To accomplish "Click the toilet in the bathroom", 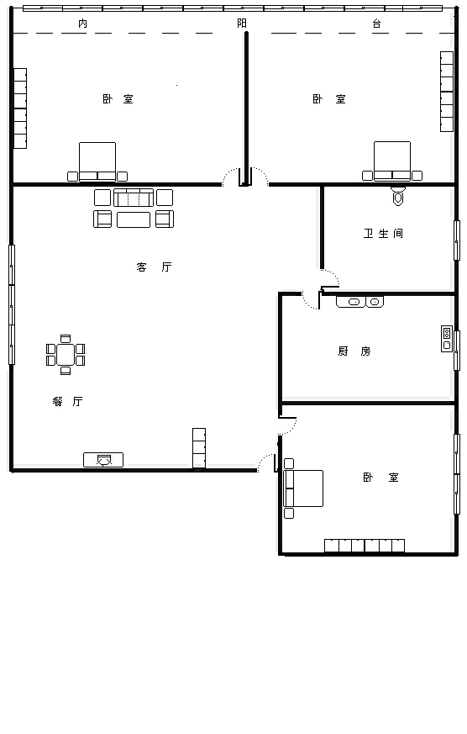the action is pos(398,197).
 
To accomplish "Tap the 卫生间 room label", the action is pos(383,233).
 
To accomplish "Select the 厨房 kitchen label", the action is pos(354,351).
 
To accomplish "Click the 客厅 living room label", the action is pos(155,267).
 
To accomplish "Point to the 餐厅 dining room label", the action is pos(68,401).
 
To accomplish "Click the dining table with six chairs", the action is pos(66,355).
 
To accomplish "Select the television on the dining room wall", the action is pos(103,460).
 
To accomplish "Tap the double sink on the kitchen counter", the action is pos(360,302).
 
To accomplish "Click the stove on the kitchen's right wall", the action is pos(447,339).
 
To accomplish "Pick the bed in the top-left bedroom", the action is pos(97,162).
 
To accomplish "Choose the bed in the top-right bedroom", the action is pos(392,161).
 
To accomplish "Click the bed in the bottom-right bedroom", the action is pos(303,488).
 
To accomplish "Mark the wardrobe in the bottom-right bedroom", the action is pos(365,546).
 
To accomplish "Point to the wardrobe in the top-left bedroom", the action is pos(20,108).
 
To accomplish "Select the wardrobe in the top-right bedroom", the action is pos(447,92).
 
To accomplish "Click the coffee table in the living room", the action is pos(134,219).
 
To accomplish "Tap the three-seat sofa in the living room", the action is pos(134,198).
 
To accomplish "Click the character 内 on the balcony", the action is pos(83,24).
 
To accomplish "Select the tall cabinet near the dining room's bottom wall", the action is pos(199,448).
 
